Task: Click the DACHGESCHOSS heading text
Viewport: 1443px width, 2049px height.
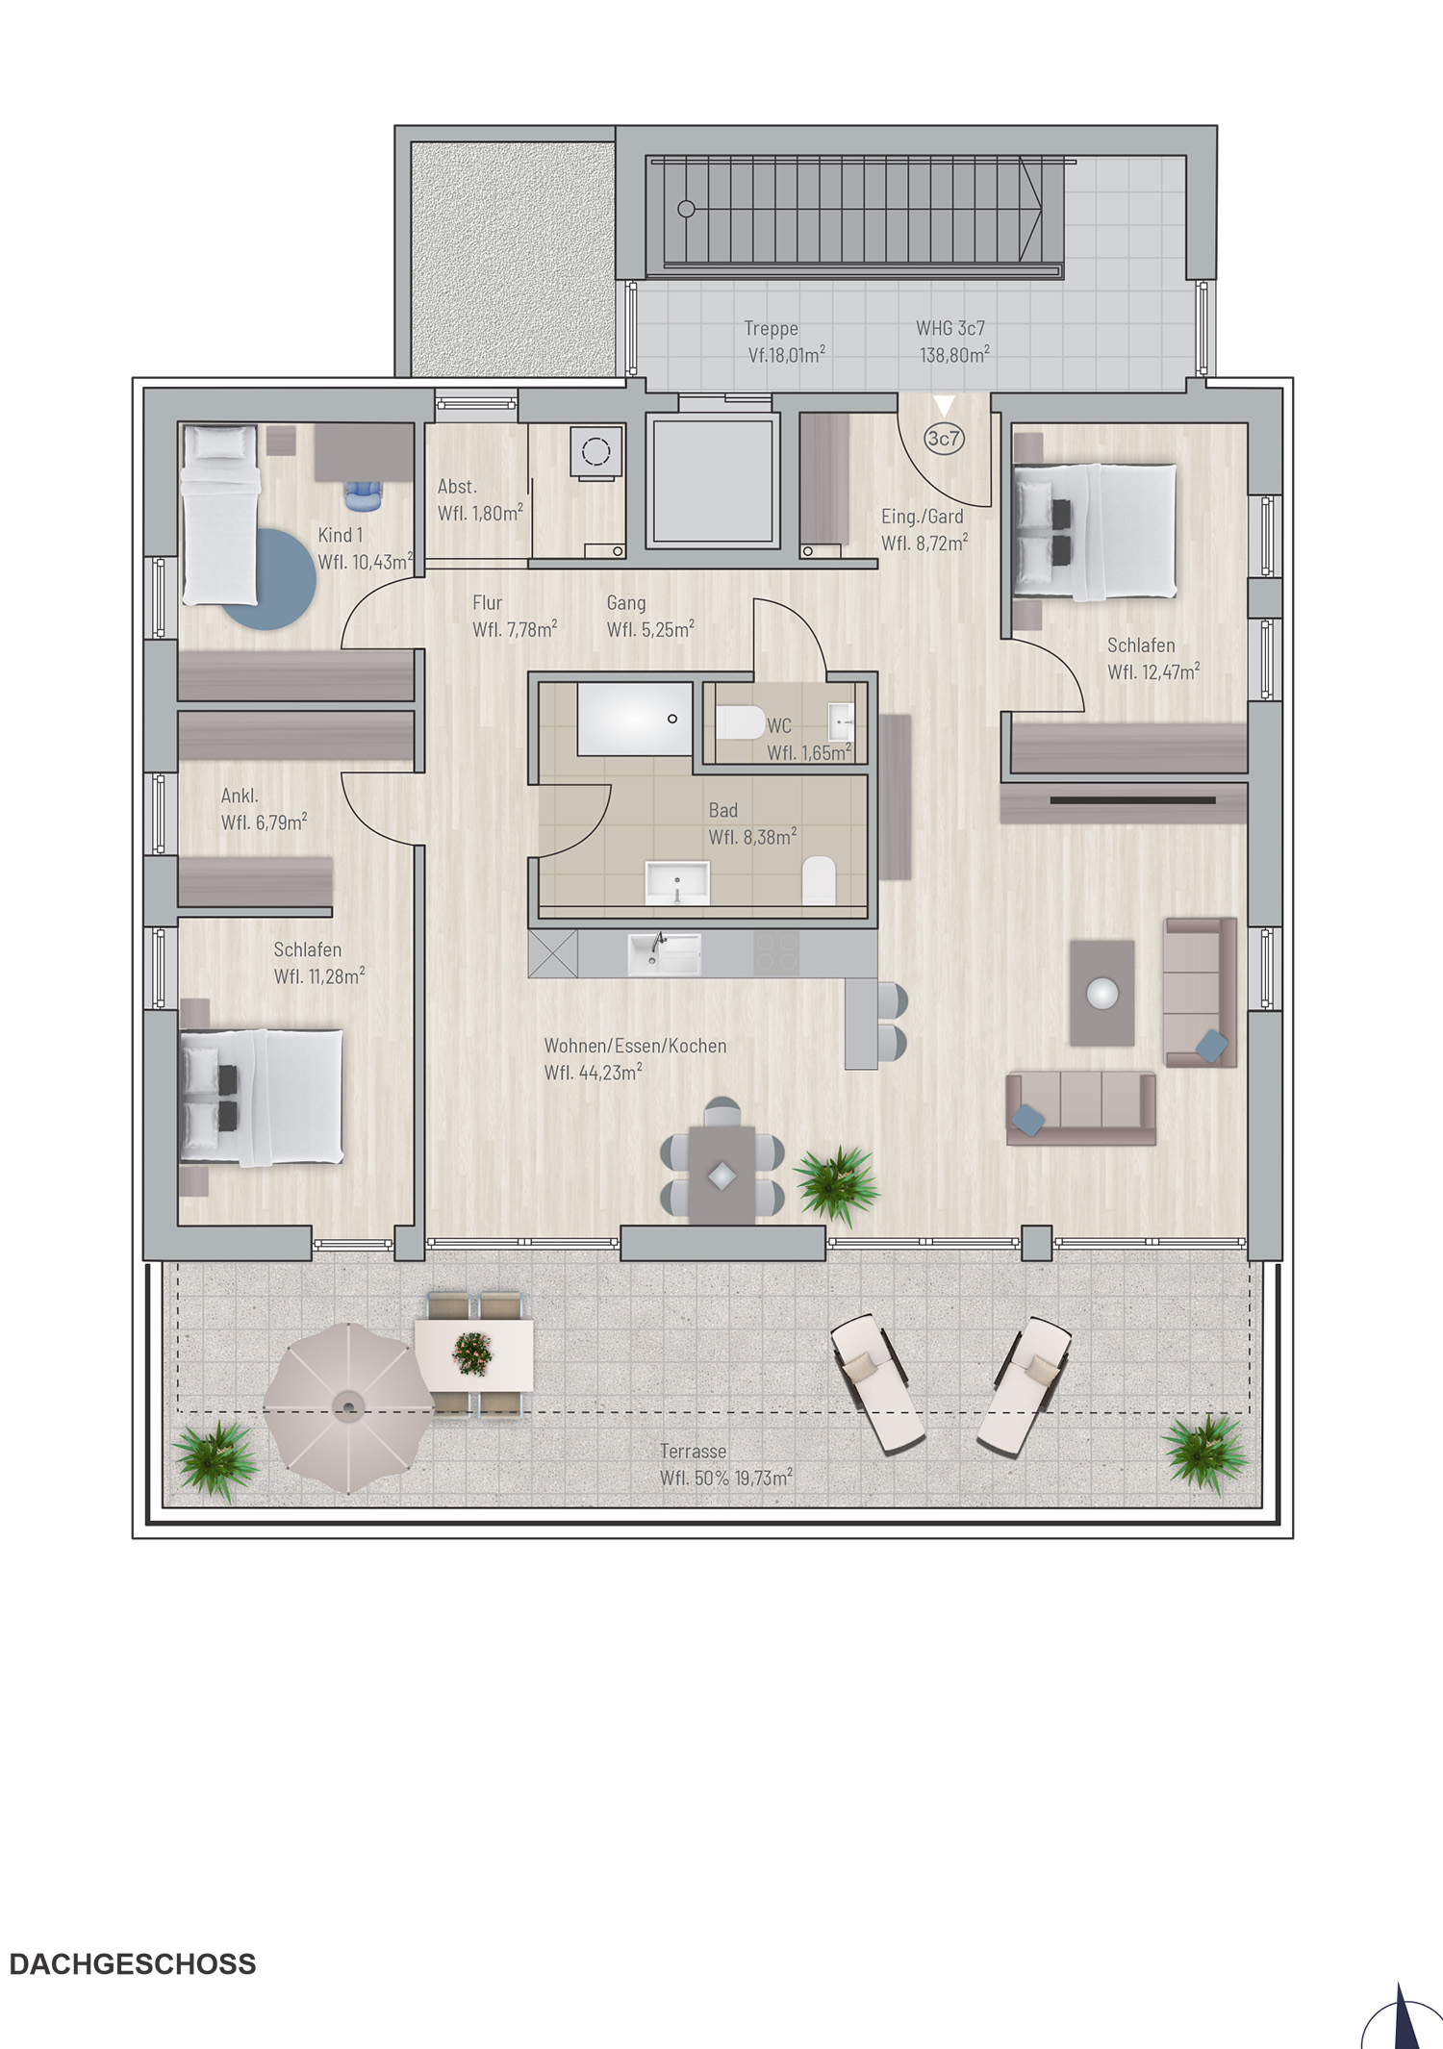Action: (133, 1963)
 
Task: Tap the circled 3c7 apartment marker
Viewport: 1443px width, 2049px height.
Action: (943, 439)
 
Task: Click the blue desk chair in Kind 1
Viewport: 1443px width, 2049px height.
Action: (364, 494)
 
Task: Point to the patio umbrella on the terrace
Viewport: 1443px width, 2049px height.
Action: (347, 1408)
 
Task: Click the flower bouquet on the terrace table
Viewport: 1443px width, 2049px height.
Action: (473, 1353)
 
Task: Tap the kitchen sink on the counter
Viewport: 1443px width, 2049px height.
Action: (664, 952)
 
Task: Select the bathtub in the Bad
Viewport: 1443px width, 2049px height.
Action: (634, 719)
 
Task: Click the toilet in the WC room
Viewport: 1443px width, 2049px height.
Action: (740, 721)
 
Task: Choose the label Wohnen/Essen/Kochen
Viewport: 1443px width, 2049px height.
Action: (635, 1046)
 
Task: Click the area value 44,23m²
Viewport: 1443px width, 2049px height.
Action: (594, 1073)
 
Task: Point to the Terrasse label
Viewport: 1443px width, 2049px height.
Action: (693, 1451)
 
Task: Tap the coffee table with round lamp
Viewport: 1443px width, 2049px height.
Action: (1102, 993)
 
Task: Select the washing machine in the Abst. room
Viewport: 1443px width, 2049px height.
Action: (595, 451)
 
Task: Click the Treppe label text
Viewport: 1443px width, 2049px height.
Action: (771, 329)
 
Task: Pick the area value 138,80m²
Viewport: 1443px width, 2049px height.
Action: (954, 355)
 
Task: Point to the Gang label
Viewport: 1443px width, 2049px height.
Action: (626, 603)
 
